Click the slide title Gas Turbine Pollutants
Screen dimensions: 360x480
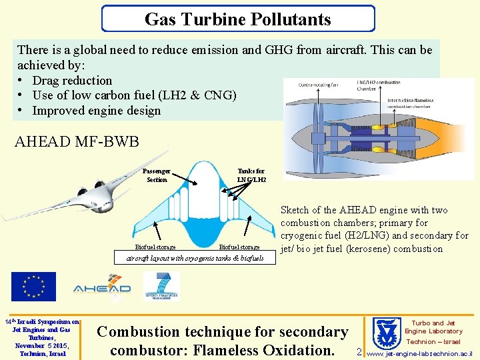238,19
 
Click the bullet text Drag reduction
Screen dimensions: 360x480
72,80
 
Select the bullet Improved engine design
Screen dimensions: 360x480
96,110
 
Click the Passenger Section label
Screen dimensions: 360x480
157,175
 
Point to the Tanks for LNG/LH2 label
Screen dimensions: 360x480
251,175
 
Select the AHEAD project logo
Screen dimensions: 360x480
101,287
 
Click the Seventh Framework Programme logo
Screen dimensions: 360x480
161,287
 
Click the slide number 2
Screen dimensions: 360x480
359,351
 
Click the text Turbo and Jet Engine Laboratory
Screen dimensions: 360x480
433,327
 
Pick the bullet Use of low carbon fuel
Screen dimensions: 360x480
134,95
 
